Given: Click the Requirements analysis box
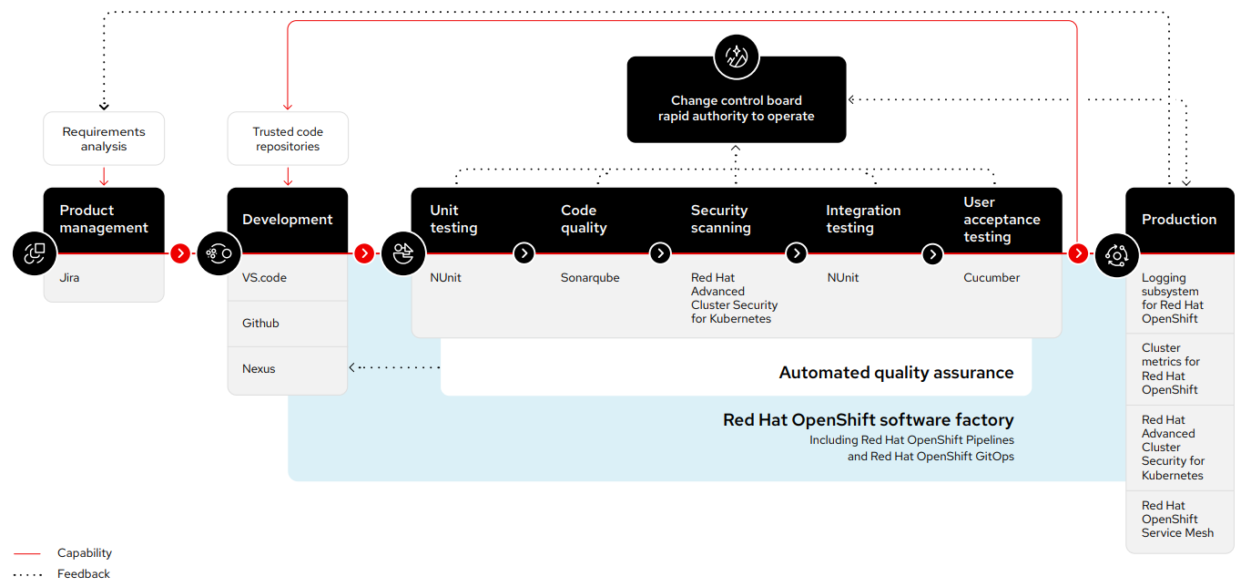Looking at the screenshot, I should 104,139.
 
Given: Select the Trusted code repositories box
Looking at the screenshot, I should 288,139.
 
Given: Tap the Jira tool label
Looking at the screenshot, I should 70,277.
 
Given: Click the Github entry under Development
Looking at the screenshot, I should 260,324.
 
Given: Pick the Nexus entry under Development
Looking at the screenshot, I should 259,369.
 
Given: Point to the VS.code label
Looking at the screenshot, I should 264,277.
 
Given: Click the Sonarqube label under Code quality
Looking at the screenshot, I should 590,277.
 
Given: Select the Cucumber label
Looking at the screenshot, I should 992,277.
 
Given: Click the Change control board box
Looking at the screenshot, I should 736,108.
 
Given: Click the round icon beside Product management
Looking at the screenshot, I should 36,253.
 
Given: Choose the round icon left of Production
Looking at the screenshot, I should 1116,253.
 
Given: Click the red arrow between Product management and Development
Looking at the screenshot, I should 180,253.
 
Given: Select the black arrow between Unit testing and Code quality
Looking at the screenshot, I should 524,253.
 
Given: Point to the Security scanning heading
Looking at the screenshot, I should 720,219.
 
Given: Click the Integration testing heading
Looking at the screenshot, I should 862,219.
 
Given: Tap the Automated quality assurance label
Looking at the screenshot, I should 896,372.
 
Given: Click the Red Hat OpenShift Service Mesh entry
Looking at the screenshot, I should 1177,519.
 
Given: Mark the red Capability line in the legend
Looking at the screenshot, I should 27,553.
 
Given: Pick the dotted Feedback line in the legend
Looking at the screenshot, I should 27,574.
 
